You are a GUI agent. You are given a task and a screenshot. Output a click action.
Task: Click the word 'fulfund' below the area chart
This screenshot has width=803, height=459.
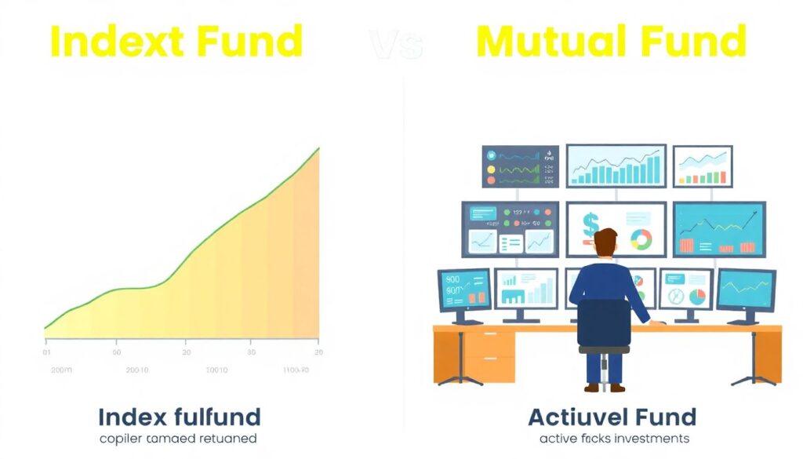coord(219,416)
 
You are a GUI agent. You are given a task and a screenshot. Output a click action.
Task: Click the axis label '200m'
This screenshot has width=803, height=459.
coord(60,369)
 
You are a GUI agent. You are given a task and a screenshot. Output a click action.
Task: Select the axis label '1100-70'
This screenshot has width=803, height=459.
coord(296,369)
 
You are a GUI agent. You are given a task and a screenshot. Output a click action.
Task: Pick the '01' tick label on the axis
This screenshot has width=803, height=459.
coord(47,343)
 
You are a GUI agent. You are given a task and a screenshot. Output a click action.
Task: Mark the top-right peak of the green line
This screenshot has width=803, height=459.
coord(318,148)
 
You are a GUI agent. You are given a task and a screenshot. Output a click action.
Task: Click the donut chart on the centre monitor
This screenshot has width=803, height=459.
coord(641,239)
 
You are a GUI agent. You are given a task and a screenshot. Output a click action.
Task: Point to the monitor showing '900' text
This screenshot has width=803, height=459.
coord(464,289)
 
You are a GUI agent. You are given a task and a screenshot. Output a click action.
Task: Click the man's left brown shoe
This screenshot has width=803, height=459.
coord(592,387)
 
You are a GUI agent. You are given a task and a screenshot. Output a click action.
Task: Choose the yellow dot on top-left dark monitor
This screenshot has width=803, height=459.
coord(492,169)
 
